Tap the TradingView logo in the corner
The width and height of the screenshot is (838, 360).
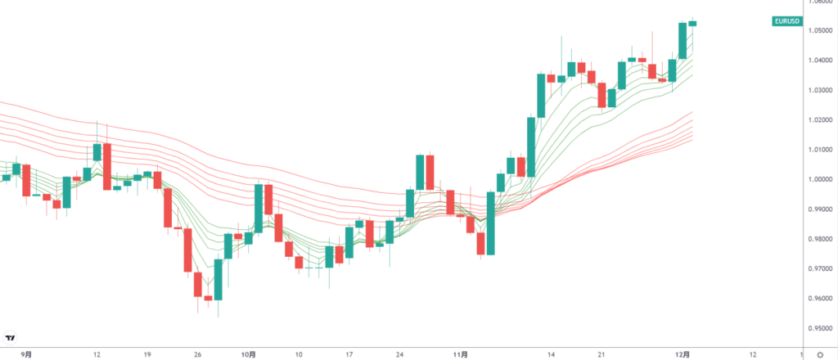pyautogui.click(x=11, y=337)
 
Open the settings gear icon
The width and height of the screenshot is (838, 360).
pyautogui.click(x=820, y=354)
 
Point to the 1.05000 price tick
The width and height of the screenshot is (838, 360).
pyautogui.click(x=820, y=31)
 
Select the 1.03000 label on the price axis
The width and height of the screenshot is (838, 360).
pyautogui.click(x=820, y=90)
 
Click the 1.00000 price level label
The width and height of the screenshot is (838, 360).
pyautogui.click(x=820, y=179)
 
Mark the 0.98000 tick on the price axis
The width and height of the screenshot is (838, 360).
pyautogui.click(x=820, y=239)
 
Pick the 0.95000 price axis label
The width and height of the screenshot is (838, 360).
pyautogui.click(x=820, y=328)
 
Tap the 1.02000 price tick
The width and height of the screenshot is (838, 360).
pyautogui.click(x=820, y=120)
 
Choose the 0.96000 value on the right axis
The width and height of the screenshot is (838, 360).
pyautogui.click(x=820, y=299)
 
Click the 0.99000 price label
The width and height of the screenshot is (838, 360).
pyautogui.click(x=820, y=209)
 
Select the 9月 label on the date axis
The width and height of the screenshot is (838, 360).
pyautogui.click(x=26, y=354)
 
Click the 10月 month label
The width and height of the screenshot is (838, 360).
pyautogui.click(x=249, y=354)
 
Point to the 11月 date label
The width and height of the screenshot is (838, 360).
pyautogui.click(x=460, y=354)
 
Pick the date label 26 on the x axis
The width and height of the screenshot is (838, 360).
pyautogui.click(x=199, y=354)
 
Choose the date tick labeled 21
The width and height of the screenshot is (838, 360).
pyautogui.click(x=601, y=354)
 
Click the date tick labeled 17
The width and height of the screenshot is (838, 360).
pyautogui.click(x=349, y=354)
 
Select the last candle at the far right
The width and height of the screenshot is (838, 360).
pyautogui.click(x=692, y=23)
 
